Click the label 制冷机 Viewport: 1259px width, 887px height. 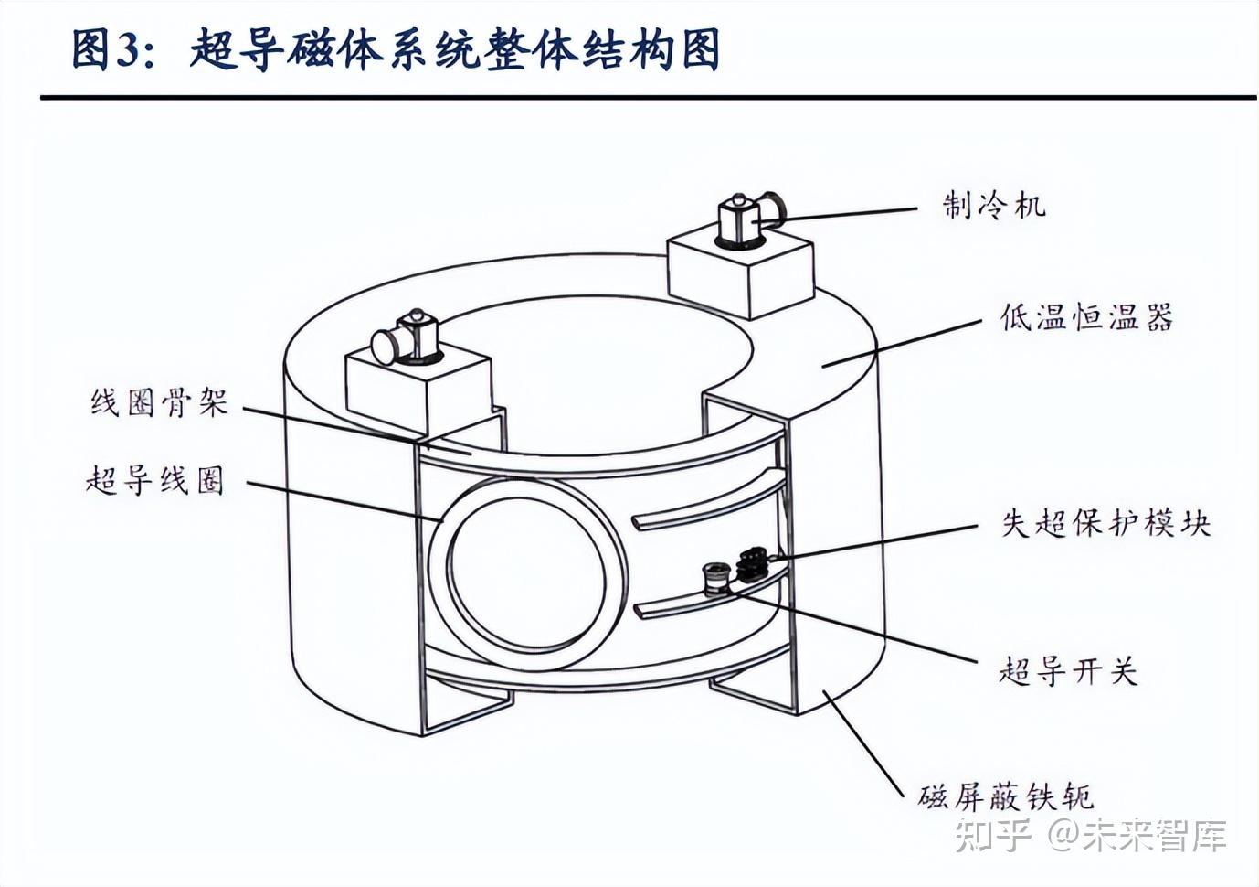(x=994, y=205)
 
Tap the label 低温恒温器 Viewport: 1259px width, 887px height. (x=1086, y=318)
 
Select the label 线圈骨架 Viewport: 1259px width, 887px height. (x=158, y=402)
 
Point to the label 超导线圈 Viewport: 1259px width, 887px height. (x=154, y=479)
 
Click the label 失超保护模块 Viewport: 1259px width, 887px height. (x=1106, y=523)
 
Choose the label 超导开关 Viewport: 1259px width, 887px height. (x=1068, y=671)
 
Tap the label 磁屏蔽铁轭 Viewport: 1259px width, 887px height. (x=1006, y=796)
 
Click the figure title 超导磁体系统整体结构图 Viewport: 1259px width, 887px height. (x=455, y=49)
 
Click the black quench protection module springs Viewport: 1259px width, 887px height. (x=753, y=561)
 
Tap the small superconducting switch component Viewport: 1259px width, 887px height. (x=714, y=579)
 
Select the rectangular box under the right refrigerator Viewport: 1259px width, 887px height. (x=741, y=272)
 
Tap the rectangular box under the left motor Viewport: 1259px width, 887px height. (x=418, y=391)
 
